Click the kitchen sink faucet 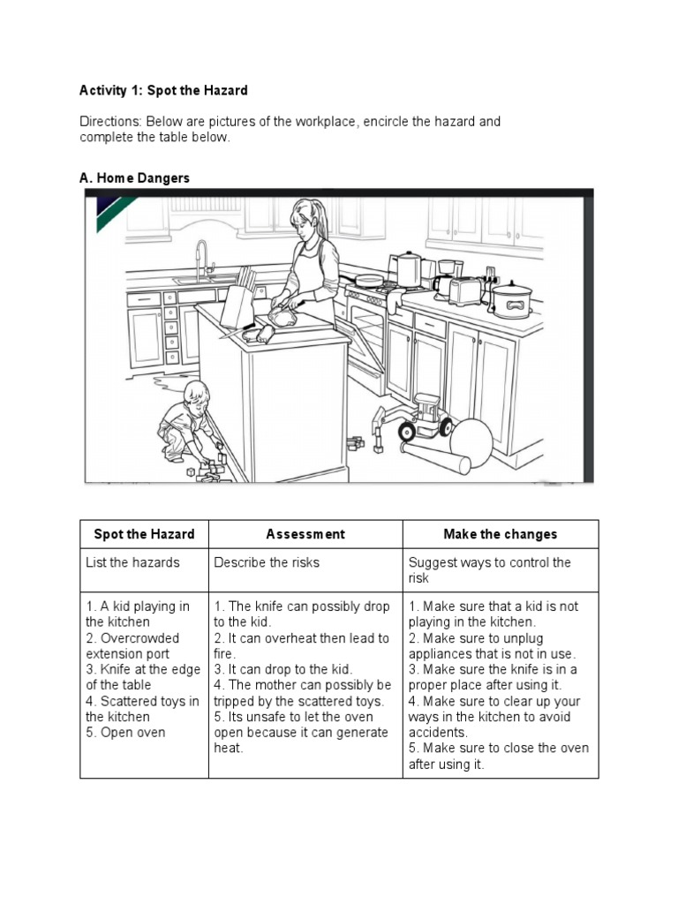(202, 258)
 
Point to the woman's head (305, 222)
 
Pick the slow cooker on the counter (509, 300)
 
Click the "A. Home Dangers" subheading (134, 178)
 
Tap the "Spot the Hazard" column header (144, 534)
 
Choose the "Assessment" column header (305, 534)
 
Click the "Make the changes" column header (501, 534)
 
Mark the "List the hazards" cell (132, 562)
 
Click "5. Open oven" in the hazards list (125, 733)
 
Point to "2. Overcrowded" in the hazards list (132, 638)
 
